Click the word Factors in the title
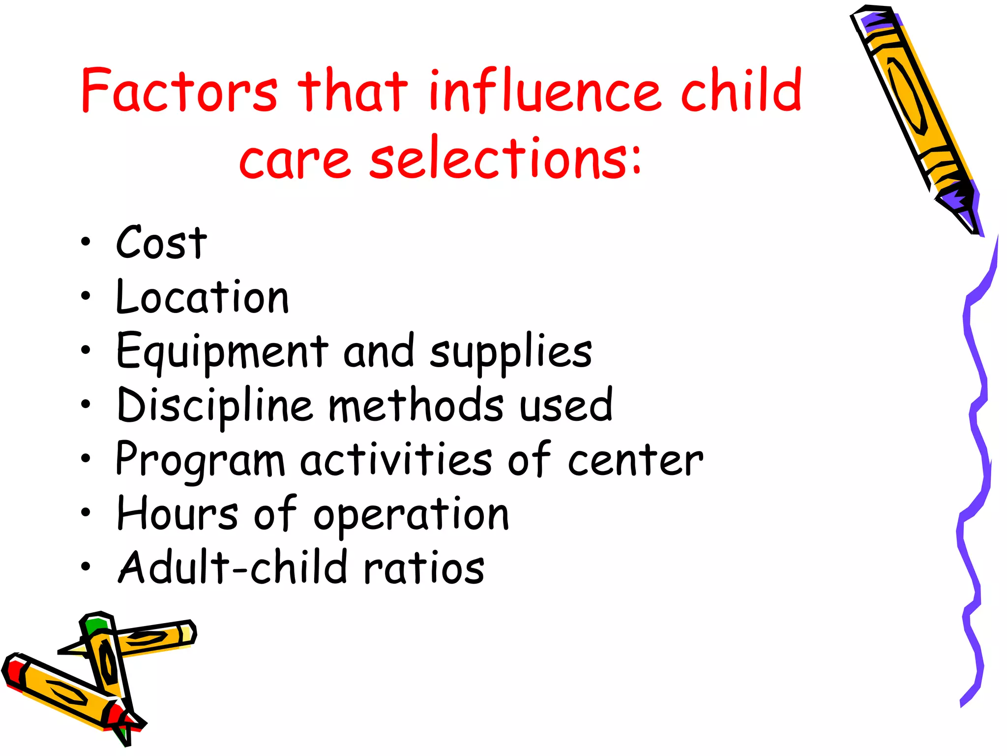coord(179,91)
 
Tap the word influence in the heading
coord(544,91)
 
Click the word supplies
coord(511,353)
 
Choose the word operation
coord(411,516)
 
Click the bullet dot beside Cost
coord(86,242)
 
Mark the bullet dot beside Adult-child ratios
coord(86,567)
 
